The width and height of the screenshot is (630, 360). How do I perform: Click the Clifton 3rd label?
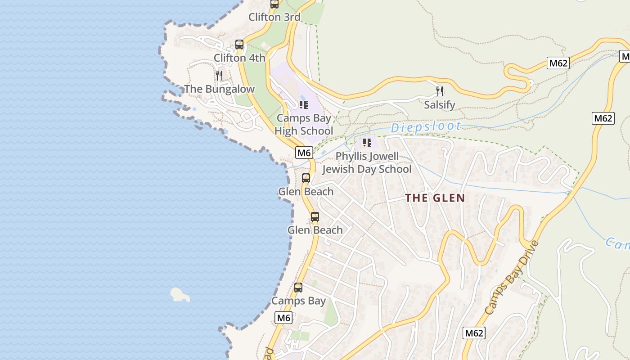pos(274,18)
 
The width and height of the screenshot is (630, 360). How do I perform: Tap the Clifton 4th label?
pos(239,58)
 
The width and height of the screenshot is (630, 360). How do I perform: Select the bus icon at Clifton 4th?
pos(239,45)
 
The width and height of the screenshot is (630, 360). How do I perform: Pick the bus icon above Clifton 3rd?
pos(274,4)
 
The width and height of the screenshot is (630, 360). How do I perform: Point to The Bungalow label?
pos(219,89)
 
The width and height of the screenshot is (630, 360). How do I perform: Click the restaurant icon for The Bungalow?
pos(219,75)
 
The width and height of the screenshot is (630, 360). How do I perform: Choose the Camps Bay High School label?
pos(304,125)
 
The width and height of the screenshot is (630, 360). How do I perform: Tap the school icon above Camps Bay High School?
pos(304,105)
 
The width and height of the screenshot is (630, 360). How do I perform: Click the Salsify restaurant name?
pos(440,105)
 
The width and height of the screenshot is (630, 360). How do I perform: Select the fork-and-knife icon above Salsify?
pos(440,91)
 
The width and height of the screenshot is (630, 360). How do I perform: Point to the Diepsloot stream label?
pos(426,127)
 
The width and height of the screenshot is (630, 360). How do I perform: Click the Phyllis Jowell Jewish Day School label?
pos(367,163)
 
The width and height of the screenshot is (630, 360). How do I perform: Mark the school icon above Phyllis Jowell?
pos(367,143)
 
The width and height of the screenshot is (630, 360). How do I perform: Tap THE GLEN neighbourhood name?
pos(435,198)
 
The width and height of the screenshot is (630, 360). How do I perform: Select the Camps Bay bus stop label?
pos(298,301)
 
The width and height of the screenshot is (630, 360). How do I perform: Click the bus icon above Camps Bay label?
pos(298,288)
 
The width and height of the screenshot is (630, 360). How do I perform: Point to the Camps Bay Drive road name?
pos(512,278)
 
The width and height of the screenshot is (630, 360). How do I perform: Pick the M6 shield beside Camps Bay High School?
pos(304,153)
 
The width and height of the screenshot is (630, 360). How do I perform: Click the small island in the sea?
pos(180,295)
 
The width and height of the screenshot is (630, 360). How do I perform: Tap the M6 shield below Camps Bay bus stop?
pos(283,318)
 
